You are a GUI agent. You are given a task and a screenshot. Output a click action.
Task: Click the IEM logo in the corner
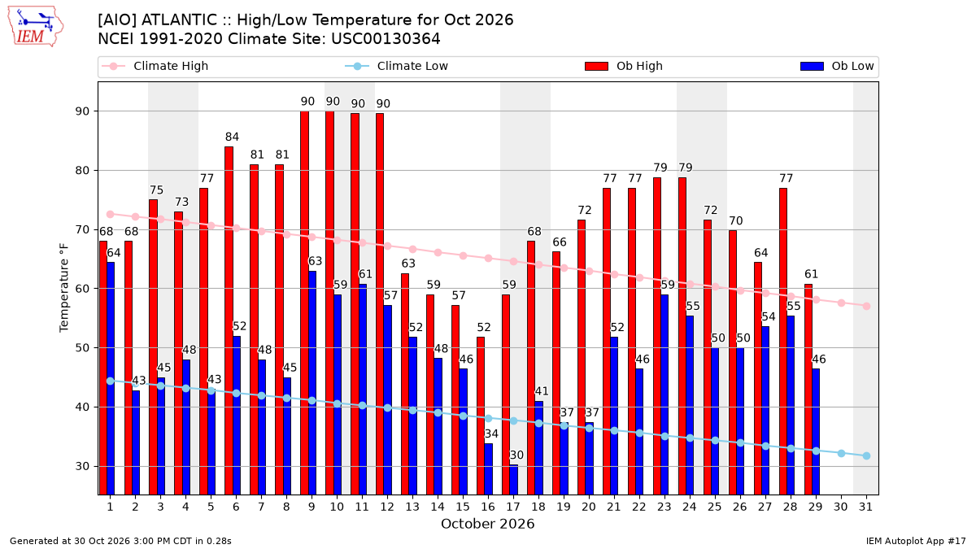click(36, 27)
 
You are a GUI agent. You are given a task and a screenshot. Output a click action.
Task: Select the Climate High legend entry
click(155, 66)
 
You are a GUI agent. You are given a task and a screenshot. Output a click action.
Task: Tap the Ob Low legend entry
click(837, 66)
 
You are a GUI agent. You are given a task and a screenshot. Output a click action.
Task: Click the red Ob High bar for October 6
click(229, 320)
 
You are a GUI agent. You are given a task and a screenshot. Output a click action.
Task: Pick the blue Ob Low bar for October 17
click(514, 480)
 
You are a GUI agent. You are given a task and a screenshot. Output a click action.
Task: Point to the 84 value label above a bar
click(232, 137)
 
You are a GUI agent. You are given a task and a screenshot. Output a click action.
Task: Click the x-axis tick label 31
click(865, 507)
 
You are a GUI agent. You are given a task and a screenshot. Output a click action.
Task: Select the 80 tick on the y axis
click(82, 170)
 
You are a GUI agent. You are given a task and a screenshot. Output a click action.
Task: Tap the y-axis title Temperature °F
click(64, 288)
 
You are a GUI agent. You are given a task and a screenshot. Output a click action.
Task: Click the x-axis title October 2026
click(487, 524)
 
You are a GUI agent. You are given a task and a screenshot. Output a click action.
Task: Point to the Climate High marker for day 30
click(841, 303)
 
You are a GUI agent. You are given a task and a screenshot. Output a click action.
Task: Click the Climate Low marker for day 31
click(866, 455)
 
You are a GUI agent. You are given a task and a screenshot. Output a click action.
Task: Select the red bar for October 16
click(481, 416)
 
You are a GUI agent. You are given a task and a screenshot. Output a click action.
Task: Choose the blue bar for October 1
click(111, 379)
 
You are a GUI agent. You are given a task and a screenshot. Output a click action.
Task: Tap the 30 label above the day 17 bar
click(516, 455)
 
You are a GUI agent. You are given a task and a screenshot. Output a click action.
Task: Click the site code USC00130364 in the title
click(386, 39)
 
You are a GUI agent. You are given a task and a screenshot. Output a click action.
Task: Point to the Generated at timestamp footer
click(120, 541)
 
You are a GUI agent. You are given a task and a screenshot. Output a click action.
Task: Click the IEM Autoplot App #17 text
click(916, 541)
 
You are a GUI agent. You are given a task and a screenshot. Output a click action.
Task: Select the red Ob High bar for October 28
click(783, 342)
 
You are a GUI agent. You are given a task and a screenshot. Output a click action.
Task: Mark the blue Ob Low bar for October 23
click(664, 394)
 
